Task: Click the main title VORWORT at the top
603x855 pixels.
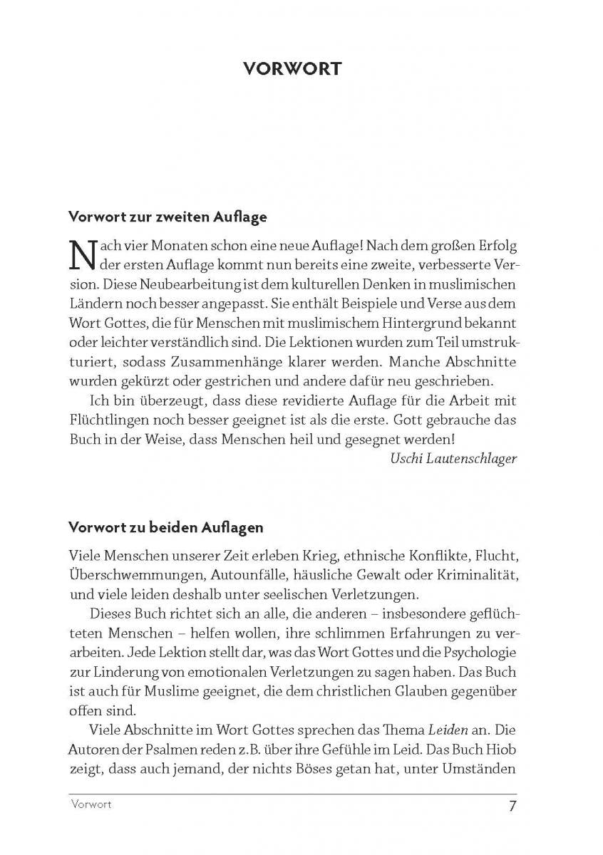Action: (292, 68)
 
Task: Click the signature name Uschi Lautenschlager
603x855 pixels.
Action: (454, 458)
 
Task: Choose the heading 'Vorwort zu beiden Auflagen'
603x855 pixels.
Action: (166, 528)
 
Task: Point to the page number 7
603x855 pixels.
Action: (512, 807)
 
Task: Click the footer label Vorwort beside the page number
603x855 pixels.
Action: (91, 805)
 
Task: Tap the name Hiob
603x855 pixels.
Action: (501, 750)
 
